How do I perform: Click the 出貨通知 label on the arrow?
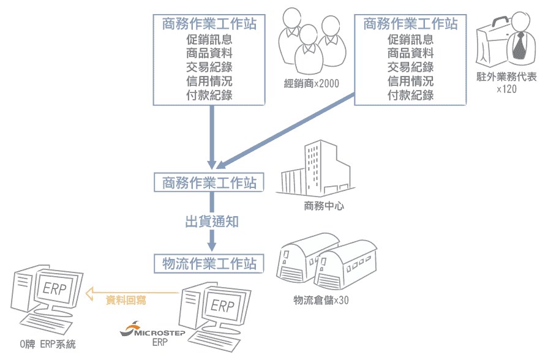[212, 222]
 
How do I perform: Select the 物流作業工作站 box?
[209, 263]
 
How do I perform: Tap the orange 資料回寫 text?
[126, 300]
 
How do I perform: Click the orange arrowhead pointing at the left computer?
[90, 293]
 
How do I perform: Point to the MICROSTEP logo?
[152, 330]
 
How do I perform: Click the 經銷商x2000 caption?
[312, 83]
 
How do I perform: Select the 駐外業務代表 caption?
[506, 77]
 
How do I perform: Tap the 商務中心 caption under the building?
[324, 206]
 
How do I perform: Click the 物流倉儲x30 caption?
[321, 300]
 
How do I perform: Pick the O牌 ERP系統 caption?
[48, 344]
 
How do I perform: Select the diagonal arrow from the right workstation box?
[286, 131]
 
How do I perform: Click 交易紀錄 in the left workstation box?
[209, 67]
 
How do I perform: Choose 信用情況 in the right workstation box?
[410, 81]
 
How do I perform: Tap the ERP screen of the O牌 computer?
[56, 289]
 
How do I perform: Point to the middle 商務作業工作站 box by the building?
[209, 182]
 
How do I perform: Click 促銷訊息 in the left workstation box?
[209, 39]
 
